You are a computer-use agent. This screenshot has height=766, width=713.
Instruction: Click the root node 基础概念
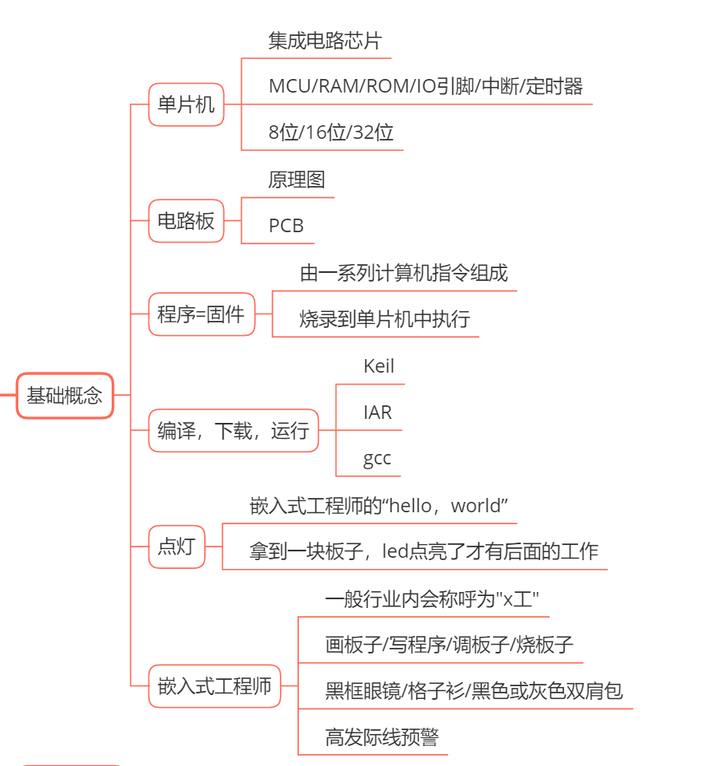tap(65, 395)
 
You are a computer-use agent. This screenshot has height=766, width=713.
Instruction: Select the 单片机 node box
tap(186, 104)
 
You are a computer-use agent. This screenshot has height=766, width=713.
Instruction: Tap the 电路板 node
tap(186, 220)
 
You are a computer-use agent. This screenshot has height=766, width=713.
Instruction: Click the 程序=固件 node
tap(201, 314)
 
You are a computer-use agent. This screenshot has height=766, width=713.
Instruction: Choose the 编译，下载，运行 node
tap(233, 431)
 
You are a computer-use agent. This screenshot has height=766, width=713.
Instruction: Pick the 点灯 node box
tap(176, 547)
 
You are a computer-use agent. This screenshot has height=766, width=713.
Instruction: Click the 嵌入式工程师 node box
tap(215, 685)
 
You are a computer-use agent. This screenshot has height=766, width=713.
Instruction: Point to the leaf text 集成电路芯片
tap(325, 41)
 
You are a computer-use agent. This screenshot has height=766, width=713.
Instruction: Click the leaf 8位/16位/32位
tap(331, 132)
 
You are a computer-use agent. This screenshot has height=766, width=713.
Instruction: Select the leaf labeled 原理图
tap(297, 180)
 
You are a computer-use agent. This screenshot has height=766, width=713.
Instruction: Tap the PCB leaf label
tap(286, 226)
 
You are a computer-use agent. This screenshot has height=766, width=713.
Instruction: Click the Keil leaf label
tap(379, 366)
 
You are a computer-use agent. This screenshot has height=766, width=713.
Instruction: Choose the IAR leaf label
tap(377, 413)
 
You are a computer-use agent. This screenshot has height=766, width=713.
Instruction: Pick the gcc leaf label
tap(377, 459)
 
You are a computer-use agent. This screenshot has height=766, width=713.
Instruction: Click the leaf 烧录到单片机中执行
tap(384, 319)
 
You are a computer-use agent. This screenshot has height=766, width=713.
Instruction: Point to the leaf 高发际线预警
tap(381, 736)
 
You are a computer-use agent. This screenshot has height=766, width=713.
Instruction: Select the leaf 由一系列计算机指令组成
tap(404, 273)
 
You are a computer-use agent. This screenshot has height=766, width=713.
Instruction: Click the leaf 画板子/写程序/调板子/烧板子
tap(449, 645)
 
